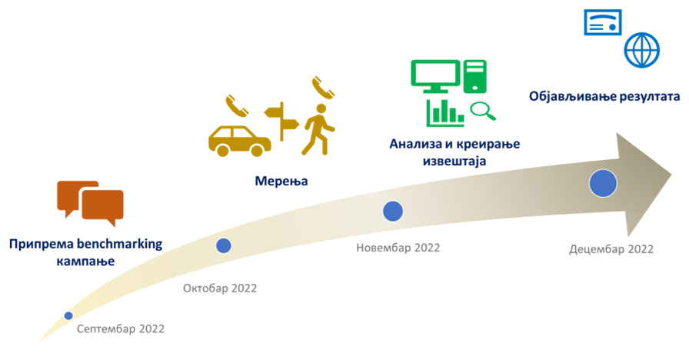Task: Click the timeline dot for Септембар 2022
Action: point(68,315)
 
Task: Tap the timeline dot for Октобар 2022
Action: point(223,245)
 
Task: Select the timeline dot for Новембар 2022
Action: point(393,211)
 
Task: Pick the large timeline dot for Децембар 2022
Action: point(603,183)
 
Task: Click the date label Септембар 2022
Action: point(121,329)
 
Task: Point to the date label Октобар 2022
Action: point(220,288)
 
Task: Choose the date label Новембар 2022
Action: point(398,248)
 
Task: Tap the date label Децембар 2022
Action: point(611,249)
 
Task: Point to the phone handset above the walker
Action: point(323,86)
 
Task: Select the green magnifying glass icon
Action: point(483,112)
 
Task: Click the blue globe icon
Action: point(642,51)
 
